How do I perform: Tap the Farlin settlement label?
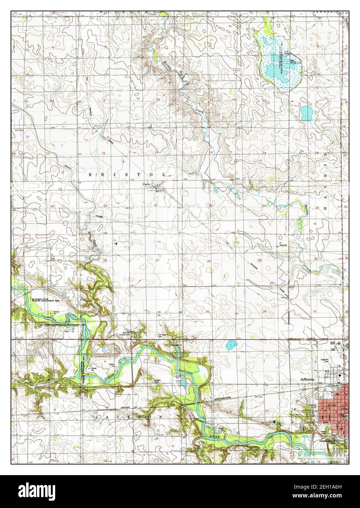pyautogui.click(x=147, y=185)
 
